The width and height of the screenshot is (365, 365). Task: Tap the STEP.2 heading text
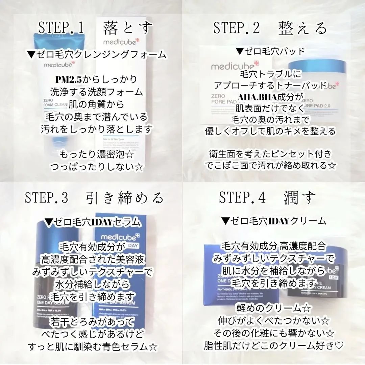(x=237, y=28)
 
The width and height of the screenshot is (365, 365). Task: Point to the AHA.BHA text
(x=258, y=97)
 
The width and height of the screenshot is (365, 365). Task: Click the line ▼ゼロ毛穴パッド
(x=270, y=51)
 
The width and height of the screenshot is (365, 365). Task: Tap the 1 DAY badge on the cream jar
(x=333, y=278)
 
